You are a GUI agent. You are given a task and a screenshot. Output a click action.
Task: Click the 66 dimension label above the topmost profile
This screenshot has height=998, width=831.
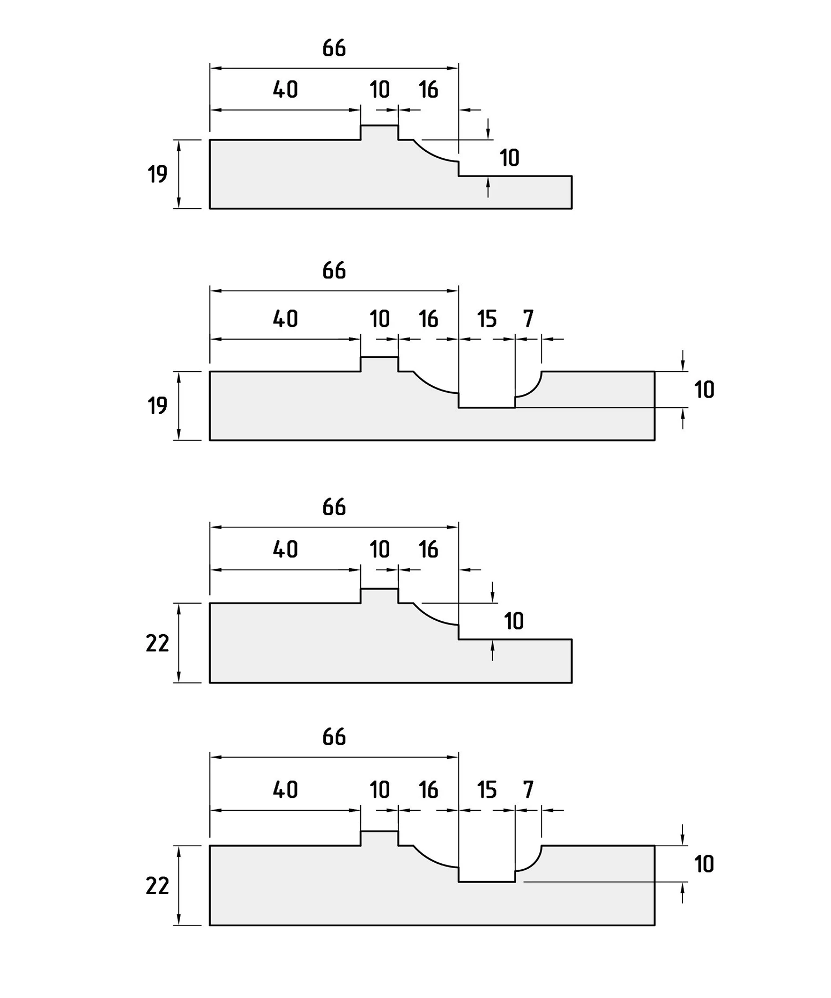pyautogui.click(x=334, y=48)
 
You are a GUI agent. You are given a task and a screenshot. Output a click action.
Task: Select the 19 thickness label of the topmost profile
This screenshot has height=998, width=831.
pyautogui.click(x=158, y=174)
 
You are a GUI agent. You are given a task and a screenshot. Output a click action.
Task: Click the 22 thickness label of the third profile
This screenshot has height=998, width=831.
pyautogui.click(x=158, y=643)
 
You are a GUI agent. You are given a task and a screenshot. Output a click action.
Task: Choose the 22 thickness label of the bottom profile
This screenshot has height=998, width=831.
pyautogui.click(x=158, y=885)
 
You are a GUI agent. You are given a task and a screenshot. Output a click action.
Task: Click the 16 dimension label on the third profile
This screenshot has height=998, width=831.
pyautogui.click(x=428, y=549)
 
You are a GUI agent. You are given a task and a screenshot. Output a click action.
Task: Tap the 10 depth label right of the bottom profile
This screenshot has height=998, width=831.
pyautogui.click(x=704, y=864)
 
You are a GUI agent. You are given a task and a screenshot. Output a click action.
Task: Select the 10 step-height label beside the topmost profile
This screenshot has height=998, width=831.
pyautogui.click(x=509, y=158)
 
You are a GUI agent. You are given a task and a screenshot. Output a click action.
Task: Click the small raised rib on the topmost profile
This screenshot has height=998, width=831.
pyautogui.click(x=379, y=132)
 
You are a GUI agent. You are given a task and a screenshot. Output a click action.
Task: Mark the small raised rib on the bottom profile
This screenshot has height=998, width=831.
pyautogui.click(x=379, y=838)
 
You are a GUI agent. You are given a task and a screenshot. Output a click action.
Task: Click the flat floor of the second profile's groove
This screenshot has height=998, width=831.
pyautogui.click(x=487, y=408)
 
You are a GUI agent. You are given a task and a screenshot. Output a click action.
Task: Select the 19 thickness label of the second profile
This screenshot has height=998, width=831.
pyautogui.click(x=158, y=406)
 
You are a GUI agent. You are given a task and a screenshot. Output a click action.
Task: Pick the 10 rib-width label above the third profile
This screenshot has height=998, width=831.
pyautogui.click(x=380, y=549)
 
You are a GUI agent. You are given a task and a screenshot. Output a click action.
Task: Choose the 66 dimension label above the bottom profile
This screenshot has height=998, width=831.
pyautogui.click(x=334, y=737)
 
